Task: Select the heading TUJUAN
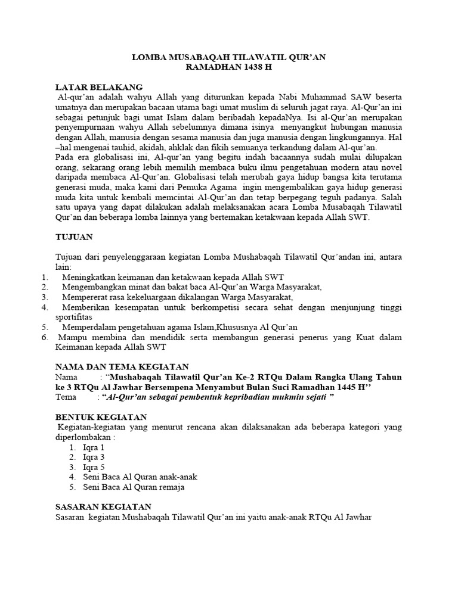tap(73, 237)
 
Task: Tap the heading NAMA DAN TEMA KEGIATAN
tap(122, 366)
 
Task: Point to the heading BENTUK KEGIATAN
tap(101, 417)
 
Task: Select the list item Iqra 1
tap(94, 447)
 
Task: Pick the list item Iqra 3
tap(94, 457)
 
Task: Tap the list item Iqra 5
tap(94, 467)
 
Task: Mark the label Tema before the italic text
tap(66, 397)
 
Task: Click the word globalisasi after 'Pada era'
tap(109, 157)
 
